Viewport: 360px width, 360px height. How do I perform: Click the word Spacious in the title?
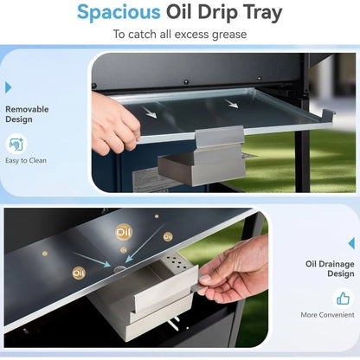119,13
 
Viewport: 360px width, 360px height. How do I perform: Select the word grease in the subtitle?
229,35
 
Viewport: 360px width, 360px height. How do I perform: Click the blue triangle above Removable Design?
9,87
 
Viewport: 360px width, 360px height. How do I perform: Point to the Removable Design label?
27,114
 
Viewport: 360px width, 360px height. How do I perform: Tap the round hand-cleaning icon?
16,144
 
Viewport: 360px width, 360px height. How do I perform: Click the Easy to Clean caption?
26,160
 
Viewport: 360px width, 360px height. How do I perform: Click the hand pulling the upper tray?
114,123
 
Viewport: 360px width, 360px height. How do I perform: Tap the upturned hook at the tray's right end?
328,114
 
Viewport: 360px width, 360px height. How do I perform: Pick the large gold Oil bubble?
124,232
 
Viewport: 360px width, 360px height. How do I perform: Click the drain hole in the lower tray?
119,269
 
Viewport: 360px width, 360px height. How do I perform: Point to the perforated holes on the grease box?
177,260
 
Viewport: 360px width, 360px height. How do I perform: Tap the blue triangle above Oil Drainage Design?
351,243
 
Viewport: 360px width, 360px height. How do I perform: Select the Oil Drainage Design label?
330,268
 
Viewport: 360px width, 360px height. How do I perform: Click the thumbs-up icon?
343,299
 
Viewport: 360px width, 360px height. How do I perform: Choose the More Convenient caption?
327,315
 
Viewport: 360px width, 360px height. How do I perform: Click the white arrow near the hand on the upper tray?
151,112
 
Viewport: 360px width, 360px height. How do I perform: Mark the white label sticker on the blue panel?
150,180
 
